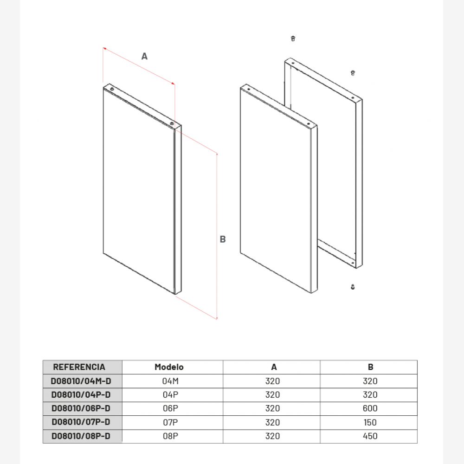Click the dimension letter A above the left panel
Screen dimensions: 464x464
tap(144, 56)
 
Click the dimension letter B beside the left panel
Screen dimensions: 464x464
tap(223, 239)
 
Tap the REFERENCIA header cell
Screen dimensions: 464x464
tap(79, 367)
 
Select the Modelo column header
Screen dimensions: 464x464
tap(169, 367)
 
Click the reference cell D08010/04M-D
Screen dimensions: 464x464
tap(81, 381)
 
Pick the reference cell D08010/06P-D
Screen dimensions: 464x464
tap(81, 408)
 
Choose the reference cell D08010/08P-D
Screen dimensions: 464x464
tap(81, 436)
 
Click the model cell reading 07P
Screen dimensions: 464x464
tap(170, 422)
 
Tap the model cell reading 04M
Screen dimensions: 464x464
tap(170, 381)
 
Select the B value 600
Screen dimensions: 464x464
tap(370, 408)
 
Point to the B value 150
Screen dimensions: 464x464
tap(370, 422)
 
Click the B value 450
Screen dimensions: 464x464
tap(370, 436)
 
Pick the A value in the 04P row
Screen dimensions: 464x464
tap(272, 395)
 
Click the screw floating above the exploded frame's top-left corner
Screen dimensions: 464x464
tap(293, 39)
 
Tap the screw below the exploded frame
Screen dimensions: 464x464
tap(353, 287)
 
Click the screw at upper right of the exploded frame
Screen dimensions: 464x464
tap(353, 73)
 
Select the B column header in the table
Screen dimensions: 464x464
tap(370, 367)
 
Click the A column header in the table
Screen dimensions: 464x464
tap(274, 367)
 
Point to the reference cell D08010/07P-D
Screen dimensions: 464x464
tap(81, 422)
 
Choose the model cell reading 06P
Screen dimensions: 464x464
tap(170, 408)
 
